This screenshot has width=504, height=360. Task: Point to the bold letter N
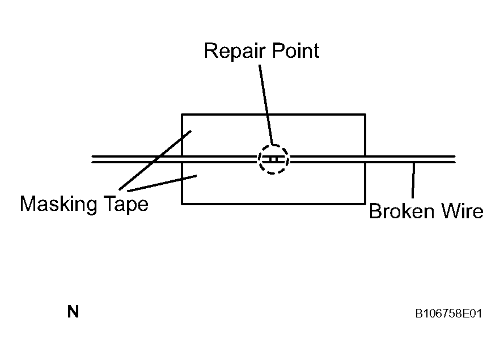[73, 312]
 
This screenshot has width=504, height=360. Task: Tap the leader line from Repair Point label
[266, 102]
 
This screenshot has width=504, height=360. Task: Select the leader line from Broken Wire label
[413, 180]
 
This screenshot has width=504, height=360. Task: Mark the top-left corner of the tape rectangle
[182, 115]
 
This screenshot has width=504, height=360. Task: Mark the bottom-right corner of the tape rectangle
[365, 203]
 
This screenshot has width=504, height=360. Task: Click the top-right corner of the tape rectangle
[365, 115]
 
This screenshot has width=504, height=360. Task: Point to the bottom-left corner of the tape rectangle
[182, 203]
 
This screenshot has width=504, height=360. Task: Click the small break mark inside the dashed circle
[273, 159]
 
